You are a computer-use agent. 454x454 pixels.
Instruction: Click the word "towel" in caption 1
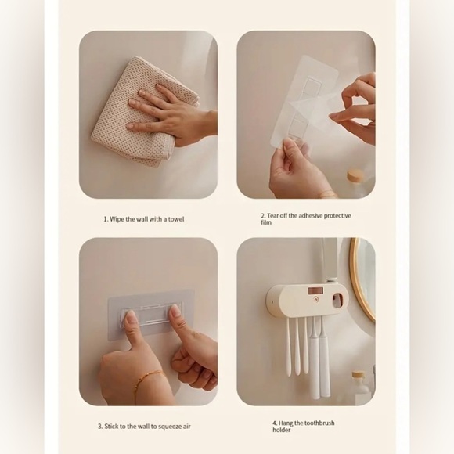tap(175, 219)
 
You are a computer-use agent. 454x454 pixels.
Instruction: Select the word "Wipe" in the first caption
tap(119, 219)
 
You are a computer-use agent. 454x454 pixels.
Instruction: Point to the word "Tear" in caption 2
tap(276, 215)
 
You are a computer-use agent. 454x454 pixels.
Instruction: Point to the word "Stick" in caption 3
tap(112, 427)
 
